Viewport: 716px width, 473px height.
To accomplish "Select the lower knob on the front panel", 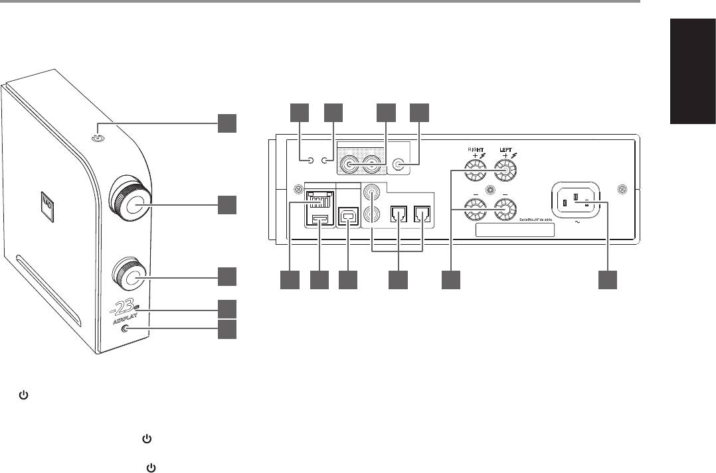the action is point(131,277).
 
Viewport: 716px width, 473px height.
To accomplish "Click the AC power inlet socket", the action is point(577,200).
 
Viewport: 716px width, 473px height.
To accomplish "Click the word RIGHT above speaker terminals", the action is point(476,150).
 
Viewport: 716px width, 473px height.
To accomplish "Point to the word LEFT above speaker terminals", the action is point(506,150).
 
